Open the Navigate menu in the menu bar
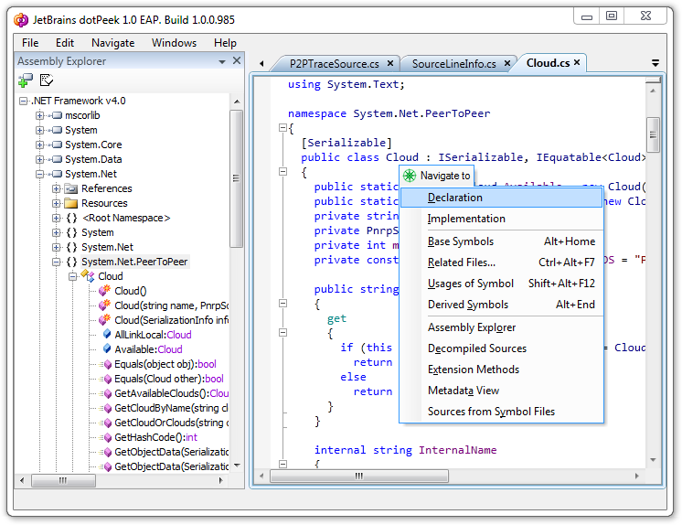point(112,43)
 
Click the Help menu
point(225,43)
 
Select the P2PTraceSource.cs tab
point(334,63)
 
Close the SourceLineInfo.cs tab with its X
point(507,63)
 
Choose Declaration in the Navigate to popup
point(455,198)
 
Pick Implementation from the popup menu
point(466,219)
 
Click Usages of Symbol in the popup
point(471,284)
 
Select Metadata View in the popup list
point(464,391)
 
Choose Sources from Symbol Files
point(491,412)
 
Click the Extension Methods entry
point(474,370)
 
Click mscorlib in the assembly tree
point(82,115)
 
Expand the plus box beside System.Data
point(40,159)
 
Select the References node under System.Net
point(107,188)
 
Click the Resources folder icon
point(71,203)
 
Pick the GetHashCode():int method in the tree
point(155,437)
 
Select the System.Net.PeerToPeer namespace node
point(134,262)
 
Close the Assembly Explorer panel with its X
point(237,60)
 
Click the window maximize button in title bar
point(612,16)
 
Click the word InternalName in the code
point(458,450)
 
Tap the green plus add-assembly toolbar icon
point(26,80)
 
